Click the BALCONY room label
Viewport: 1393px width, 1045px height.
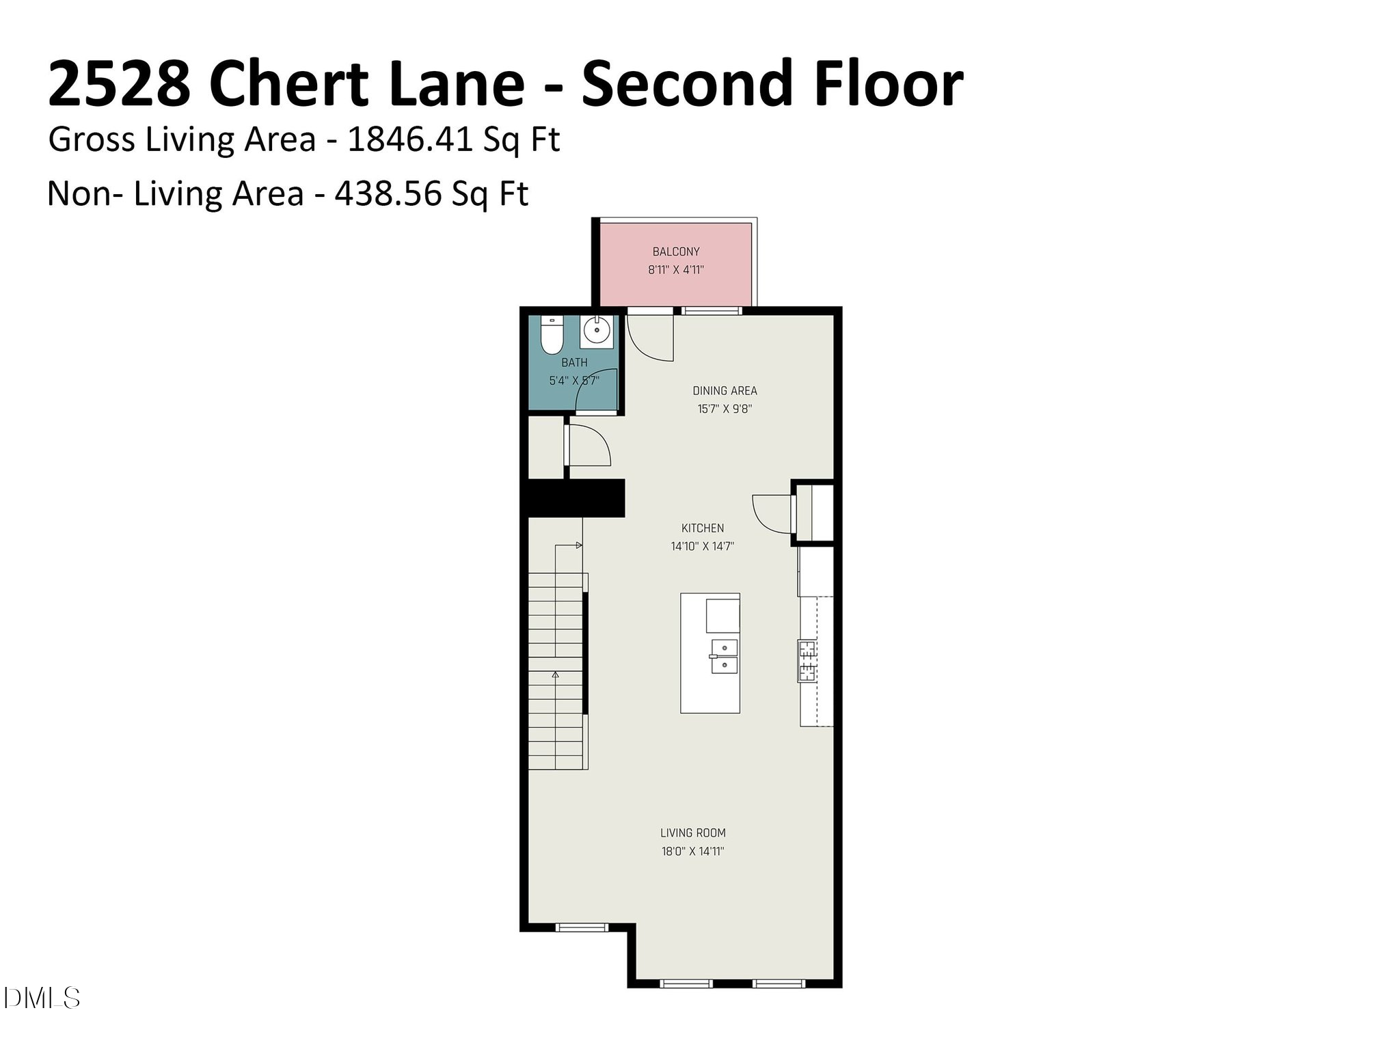coord(675,252)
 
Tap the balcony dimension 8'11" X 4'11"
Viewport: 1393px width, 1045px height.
coord(675,270)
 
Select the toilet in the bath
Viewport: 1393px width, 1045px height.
coord(551,335)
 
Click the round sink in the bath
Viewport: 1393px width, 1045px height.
coord(597,331)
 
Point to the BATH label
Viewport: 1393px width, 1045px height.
coord(574,363)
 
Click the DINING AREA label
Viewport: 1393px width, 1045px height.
coord(725,391)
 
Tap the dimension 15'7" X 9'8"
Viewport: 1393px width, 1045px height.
coord(725,409)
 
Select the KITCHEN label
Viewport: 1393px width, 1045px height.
coord(702,528)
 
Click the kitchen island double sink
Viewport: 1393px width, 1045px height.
coord(724,656)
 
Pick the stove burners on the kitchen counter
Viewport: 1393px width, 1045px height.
coord(807,660)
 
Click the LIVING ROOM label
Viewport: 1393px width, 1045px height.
coord(692,833)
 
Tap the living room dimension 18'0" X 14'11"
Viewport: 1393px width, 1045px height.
coord(692,852)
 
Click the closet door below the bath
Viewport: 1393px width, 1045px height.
coord(588,446)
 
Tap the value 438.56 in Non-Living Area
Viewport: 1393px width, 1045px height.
coord(388,194)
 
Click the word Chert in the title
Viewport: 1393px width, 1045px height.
coord(288,84)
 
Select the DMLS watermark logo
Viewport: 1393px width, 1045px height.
coord(41,999)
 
